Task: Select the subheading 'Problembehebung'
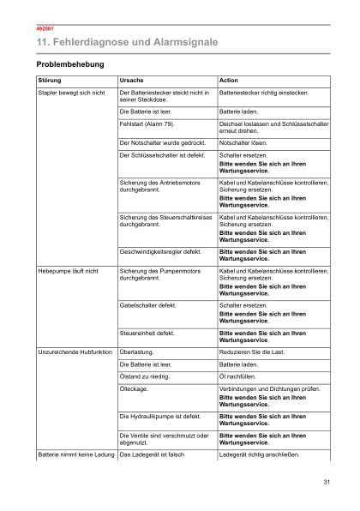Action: [x=70, y=64]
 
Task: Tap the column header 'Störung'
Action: [x=50, y=80]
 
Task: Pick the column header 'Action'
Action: [x=229, y=80]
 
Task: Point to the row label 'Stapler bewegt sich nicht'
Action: [x=72, y=92]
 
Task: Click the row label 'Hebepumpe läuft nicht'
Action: [x=69, y=271]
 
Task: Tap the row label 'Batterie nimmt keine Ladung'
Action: [x=76, y=454]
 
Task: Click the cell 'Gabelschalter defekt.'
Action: [x=148, y=304]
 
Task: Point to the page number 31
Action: [x=327, y=484]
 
